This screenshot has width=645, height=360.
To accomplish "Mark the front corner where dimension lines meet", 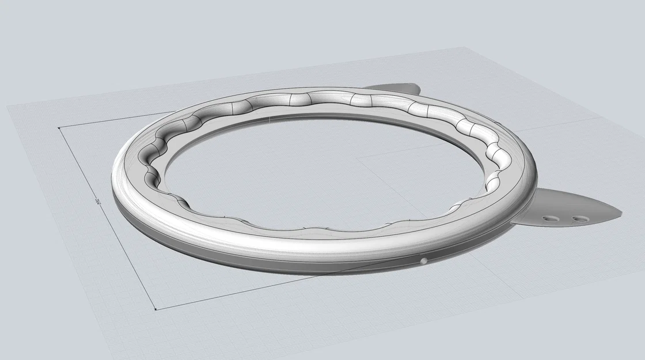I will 157,309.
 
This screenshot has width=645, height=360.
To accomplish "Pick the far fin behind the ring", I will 397,89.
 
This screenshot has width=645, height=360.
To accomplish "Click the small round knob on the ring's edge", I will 424,261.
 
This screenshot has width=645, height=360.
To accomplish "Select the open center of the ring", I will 322,167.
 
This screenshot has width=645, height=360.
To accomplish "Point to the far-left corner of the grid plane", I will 7,105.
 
